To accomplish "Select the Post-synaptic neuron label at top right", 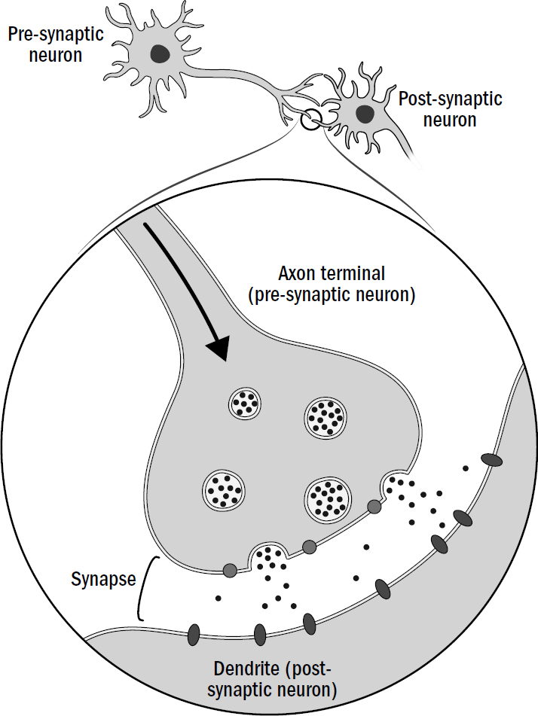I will (450, 109).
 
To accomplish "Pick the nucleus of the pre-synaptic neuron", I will (159, 53).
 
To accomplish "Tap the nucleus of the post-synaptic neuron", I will (365, 114).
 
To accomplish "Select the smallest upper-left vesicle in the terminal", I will (244, 404).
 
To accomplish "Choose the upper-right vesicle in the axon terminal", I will (326, 416).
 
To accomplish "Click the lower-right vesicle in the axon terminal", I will (327, 498).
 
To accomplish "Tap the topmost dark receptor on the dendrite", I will (493, 459).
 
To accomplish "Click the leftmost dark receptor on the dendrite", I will (194, 633).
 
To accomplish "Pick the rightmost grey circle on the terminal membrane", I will (374, 506).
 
